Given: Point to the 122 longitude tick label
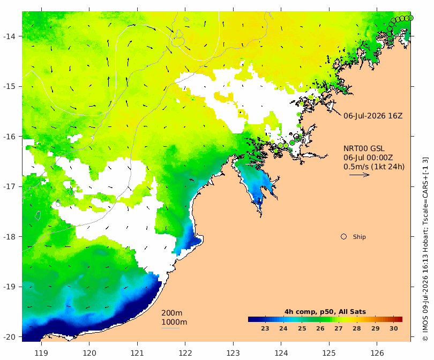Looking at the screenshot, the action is (185, 353).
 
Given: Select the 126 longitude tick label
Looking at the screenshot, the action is (377, 353).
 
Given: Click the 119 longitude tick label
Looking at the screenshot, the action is (41, 353).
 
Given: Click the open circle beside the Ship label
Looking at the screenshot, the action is (343, 237).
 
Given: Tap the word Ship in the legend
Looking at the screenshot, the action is (360, 237).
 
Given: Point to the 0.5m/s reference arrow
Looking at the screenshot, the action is (360, 175).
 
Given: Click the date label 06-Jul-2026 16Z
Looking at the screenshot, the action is (373, 116).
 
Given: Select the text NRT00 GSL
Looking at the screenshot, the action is (364, 148).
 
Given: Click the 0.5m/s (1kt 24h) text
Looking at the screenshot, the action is (374, 167).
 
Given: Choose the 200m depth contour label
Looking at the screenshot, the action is (172, 313).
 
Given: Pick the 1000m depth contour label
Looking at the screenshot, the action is (174, 322).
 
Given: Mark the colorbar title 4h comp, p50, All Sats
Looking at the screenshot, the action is (325, 312).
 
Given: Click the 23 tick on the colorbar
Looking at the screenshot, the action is (265, 328).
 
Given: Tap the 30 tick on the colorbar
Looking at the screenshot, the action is (394, 328).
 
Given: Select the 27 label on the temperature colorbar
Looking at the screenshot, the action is (339, 328).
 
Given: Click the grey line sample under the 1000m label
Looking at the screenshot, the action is (170, 328).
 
